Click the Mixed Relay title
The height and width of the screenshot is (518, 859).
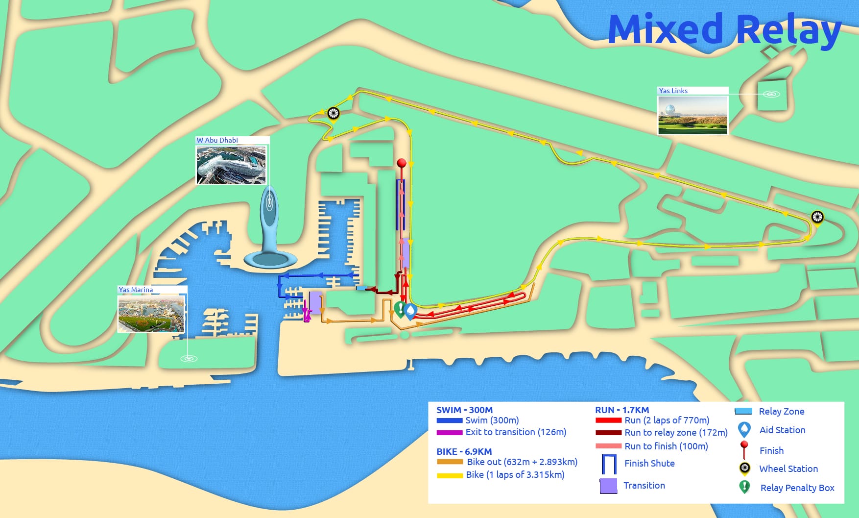(724, 29)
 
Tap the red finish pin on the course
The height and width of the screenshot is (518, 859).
(402, 163)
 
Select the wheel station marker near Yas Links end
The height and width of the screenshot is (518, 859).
(817, 217)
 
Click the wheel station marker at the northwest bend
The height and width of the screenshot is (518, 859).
(334, 113)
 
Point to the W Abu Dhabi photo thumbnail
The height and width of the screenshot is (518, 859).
(231, 165)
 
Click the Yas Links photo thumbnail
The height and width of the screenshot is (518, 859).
(692, 115)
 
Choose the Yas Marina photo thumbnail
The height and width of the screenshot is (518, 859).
(151, 314)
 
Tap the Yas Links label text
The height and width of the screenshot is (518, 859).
(673, 91)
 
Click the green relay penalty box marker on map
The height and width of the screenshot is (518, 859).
(400, 309)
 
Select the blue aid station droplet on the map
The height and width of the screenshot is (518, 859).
(410, 311)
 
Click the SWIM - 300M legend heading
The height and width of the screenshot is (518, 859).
(464, 410)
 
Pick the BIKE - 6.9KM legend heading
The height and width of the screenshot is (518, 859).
(464, 451)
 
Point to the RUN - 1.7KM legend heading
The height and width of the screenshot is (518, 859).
(622, 410)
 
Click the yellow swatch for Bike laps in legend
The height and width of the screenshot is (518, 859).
(450, 475)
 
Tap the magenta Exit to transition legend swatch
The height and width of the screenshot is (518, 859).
(450, 433)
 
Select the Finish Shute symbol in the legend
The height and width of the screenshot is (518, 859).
(609, 464)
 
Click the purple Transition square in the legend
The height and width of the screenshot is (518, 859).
(608, 486)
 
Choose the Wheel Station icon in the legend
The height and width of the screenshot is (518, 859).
(744, 468)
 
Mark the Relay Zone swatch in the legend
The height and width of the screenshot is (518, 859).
(743, 412)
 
